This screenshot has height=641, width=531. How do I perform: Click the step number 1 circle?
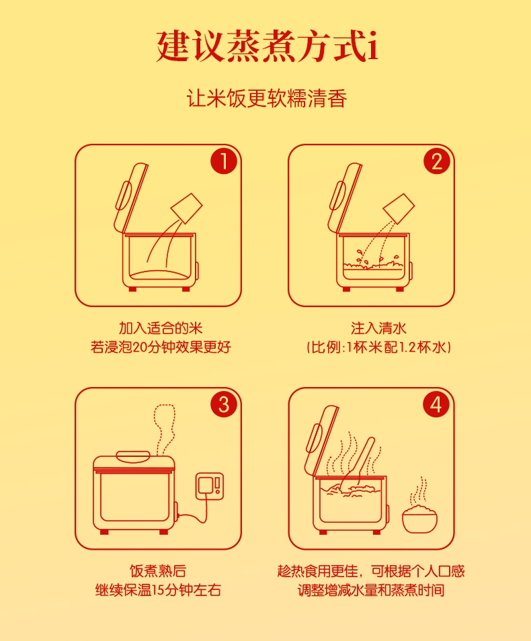click(x=224, y=161)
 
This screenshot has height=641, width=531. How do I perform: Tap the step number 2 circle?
click(x=436, y=161)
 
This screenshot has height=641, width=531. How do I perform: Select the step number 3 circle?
click(x=224, y=404)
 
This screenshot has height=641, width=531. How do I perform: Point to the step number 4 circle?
click(x=436, y=404)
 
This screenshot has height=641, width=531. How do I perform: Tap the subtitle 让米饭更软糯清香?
click(x=267, y=99)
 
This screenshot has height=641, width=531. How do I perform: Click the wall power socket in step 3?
click(x=210, y=486)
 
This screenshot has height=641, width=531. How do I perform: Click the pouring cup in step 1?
click(x=187, y=208)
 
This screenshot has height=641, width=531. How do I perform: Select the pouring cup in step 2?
click(x=399, y=208)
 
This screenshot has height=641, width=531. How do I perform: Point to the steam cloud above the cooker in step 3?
click(x=165, y=429)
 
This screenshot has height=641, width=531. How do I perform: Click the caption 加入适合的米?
click(x=161, y=328)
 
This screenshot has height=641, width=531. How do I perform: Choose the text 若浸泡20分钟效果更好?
click(x=161, y=347)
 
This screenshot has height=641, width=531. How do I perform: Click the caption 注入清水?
click(x=379, y=328)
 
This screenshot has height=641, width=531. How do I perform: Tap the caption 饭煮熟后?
click(x=158, y=570)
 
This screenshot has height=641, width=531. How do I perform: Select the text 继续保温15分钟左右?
click(x=158, y=591)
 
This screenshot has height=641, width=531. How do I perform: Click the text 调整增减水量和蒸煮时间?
click(x=370, y=591)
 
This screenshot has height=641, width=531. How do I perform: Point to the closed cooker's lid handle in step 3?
click(x=134, y=456)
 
